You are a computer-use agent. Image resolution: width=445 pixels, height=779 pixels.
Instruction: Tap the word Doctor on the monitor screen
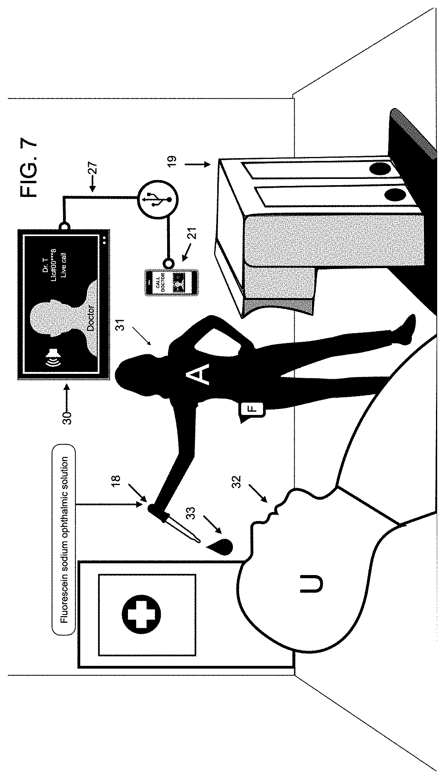coord(90,319)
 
